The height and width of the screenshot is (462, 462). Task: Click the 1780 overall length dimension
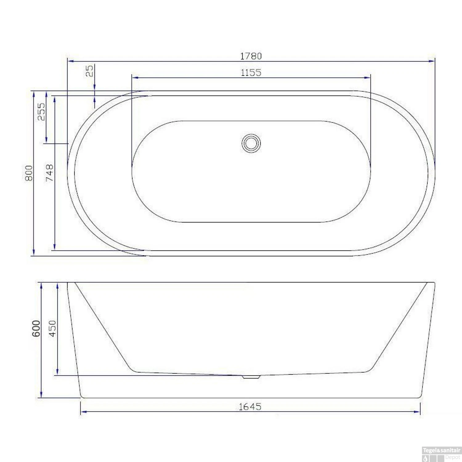[251, 56]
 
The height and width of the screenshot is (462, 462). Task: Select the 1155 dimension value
[251, 73]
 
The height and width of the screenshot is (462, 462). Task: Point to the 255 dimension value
[41, 111]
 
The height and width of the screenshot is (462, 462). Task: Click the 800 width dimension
[29, 173]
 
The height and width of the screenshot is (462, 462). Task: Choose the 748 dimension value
[49, 173]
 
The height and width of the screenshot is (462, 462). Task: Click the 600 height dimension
[36, 328]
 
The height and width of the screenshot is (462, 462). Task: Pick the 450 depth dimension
[53, 328]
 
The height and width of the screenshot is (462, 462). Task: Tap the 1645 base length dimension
[250, 407]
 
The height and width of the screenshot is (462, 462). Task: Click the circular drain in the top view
[251, 143]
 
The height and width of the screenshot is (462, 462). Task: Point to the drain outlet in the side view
[251, 377]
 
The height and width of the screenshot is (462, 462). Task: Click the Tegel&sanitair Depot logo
[441, 454]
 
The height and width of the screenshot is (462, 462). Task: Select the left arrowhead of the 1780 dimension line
[70, 61]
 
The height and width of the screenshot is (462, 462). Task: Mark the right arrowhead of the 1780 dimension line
[432, 61]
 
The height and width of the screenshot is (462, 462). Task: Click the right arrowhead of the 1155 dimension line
[367, 78]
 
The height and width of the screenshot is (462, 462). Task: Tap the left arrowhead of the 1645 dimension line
[83, 411]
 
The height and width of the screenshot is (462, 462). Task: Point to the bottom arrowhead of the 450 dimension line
[58, 372]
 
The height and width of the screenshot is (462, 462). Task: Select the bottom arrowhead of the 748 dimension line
[55, 247]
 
